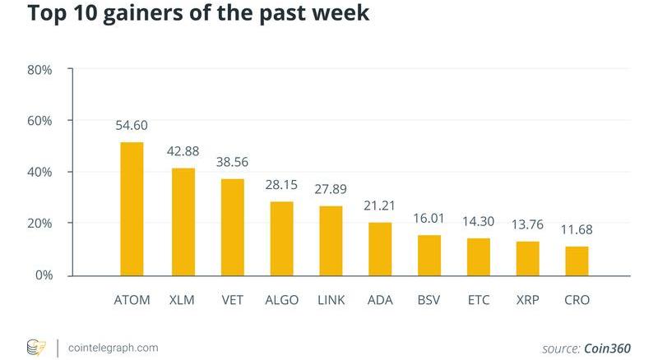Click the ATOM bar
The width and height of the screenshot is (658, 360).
click(x=132, y=209)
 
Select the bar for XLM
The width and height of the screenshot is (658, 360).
click(x=183, y=222)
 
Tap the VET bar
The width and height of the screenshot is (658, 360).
click(x=232, y=227)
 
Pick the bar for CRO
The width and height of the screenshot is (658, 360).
click(x=577, y=261)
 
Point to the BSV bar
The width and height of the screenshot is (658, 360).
click(x=429, y=255)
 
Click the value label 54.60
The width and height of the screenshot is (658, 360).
click(x=132, y=126)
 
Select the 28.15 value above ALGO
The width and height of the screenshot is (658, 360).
click(x=281, y=185)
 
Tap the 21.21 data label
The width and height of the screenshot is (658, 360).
click(x=379, y=205)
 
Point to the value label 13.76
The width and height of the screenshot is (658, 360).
click(x=527, y=224)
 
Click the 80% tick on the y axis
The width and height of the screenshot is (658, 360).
click(x=39, y=70)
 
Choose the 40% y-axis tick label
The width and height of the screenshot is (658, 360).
click(x=39, y=173)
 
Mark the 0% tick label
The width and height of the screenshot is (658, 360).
click(x=43, y=275)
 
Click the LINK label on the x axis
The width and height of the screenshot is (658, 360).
click(x=331, y=300)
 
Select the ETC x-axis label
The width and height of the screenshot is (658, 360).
click(x=478, y=300)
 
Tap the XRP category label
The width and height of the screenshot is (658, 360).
click(x=527, y=300)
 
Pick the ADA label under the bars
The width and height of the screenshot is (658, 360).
click(x=379, y=300)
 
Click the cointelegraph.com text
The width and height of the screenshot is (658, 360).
click(x=114, y=347)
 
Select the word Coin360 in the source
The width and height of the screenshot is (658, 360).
click(x=608, y=348)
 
